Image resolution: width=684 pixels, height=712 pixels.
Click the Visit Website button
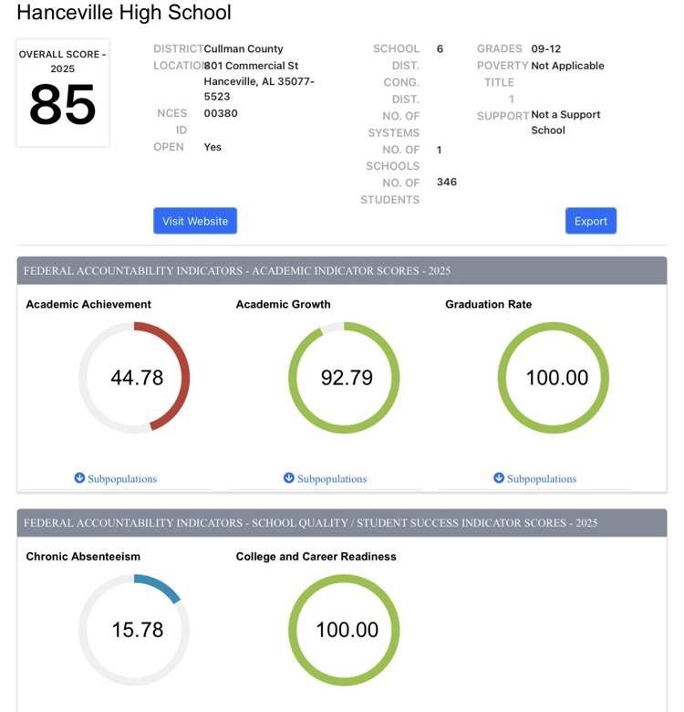tap(195, 221)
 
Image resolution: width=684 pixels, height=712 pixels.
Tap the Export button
tap(590, 221)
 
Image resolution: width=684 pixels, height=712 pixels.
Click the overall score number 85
tap(62, 106)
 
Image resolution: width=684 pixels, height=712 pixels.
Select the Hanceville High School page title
tap(124, 13)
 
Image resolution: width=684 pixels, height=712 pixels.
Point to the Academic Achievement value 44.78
tap(137, 378)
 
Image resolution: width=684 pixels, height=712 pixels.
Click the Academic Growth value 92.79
tap(347, 378)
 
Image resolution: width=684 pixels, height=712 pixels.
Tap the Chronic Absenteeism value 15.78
tap(137, 630)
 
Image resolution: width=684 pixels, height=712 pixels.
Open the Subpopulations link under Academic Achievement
tap(116, 478)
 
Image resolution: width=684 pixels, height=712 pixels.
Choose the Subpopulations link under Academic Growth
tap(326, 478)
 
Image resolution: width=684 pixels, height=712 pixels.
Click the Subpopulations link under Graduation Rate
tap(535, 478)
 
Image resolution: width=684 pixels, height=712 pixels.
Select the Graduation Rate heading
tap(488, 304)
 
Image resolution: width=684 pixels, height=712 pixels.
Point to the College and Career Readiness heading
tap(316, 556)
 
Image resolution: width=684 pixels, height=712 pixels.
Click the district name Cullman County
tap(244, 48)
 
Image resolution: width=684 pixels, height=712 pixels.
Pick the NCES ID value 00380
tap(220, 114)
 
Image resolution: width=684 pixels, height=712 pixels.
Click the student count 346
tap(447, 182)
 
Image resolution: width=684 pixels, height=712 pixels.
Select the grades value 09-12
tap(546, 48)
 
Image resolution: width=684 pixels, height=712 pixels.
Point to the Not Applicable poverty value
tap(567, 66)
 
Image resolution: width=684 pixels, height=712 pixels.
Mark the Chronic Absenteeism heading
tap(83, 556)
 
